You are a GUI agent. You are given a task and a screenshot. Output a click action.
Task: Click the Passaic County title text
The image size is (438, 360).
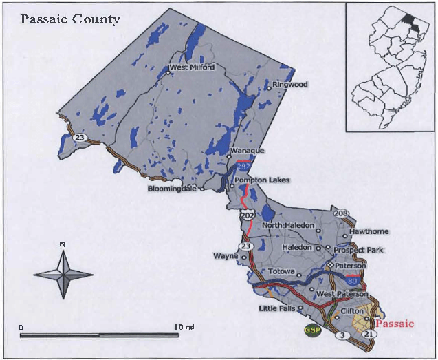tap(70, 19)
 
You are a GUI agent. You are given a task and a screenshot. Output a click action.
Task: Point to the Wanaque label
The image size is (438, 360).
tap(246, 150)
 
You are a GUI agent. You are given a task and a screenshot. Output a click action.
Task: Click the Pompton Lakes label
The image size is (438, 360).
tap(262, 180)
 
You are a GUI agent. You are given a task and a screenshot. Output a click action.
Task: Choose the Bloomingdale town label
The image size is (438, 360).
tap(172, 188)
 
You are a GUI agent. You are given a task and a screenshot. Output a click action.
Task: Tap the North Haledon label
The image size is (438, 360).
tap(287, 226)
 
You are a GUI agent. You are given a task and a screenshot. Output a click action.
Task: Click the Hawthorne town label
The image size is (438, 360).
tap(369, 231)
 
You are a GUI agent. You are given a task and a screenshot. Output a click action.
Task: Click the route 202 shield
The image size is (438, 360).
tap(247, 216)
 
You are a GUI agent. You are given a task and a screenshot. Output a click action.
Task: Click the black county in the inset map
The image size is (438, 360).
tap(410, 25)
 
